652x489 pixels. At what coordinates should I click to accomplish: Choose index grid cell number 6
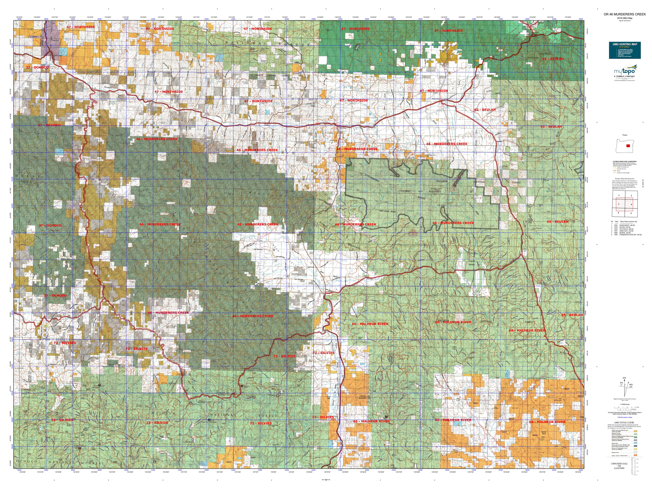tap(631, 213)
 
